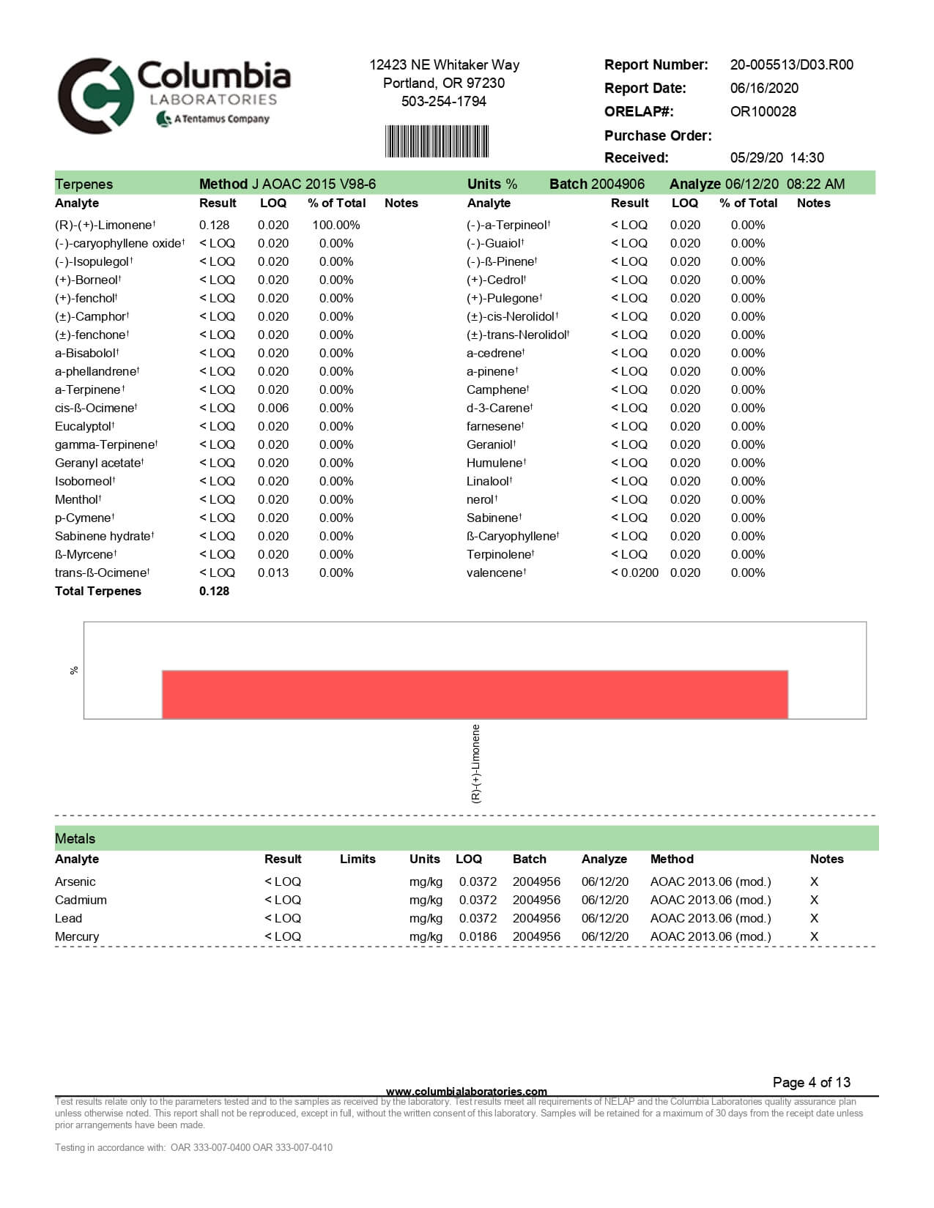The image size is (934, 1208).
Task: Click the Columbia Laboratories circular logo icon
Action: pos(96,96)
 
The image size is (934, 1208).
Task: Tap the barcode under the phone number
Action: pos(437,141)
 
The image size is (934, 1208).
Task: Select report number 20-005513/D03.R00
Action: pos(791,65)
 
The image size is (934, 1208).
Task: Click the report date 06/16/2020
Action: pos(764,89)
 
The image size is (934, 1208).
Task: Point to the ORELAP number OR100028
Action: pos(763,112)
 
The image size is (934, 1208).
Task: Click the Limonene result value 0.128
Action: pos(214,225)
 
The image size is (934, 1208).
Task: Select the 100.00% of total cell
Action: pos(336,225)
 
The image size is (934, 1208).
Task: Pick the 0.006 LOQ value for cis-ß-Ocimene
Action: pos(273,409)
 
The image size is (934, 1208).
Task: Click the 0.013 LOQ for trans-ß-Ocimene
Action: pos(273,573)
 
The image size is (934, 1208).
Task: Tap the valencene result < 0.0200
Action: pos(634,573)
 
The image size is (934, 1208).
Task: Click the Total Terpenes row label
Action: pos(98,592)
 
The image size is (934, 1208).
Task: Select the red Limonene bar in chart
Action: pos(475,694)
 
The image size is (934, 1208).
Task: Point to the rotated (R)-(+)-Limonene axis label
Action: pos(476,764)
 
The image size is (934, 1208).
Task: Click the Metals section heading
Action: pos(75,839)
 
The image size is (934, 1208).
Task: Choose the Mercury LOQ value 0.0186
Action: pos(478,937)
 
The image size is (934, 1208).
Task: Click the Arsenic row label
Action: pos(75,882)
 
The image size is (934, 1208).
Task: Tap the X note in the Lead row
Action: pos(814,919)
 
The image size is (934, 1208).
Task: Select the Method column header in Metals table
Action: pos(671,860)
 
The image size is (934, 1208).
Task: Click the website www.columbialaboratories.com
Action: pos(466,1092)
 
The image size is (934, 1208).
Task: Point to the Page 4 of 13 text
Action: pos(812,1083)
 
